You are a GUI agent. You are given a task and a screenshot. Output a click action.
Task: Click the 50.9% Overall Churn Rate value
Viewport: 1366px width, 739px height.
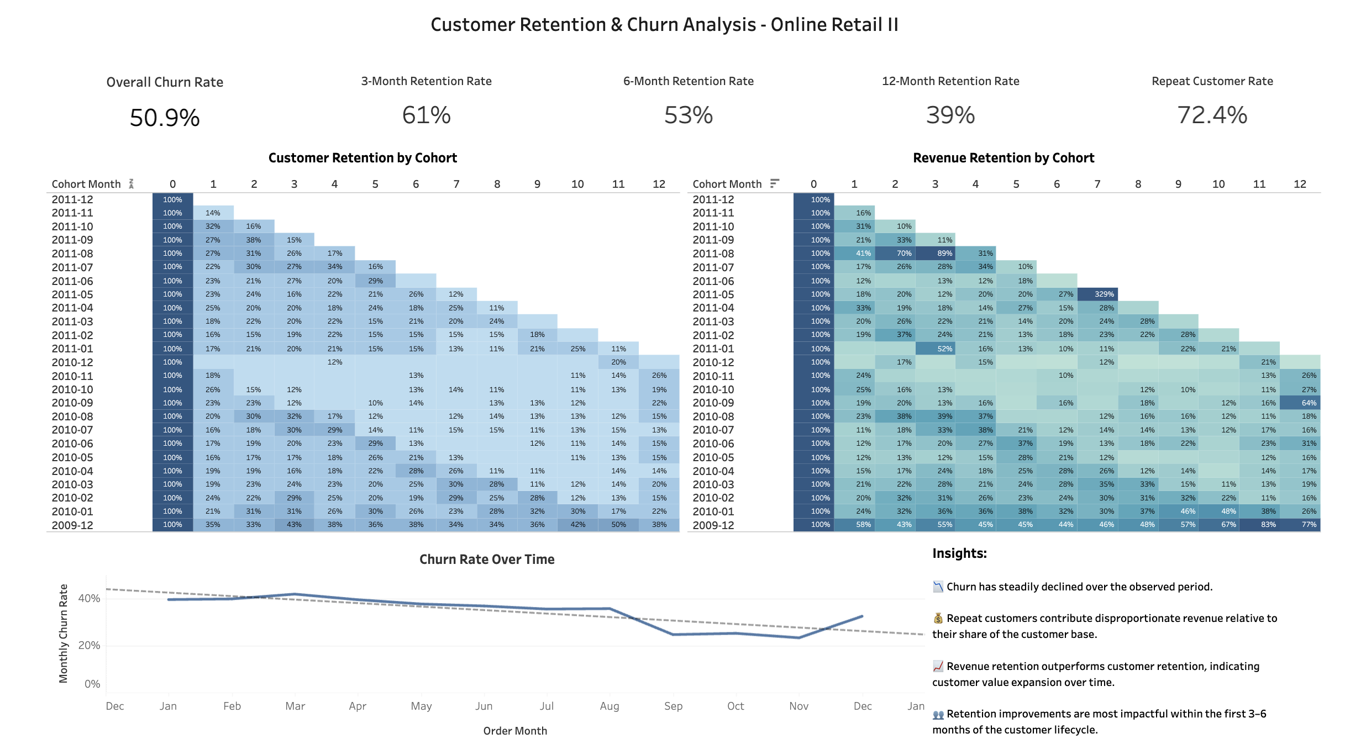coord(165,118)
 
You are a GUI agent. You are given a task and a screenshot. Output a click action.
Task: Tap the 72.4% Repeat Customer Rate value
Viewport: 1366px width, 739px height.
coord(1212,115)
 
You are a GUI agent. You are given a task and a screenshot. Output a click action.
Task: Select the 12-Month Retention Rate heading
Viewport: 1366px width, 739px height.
coord(950,81)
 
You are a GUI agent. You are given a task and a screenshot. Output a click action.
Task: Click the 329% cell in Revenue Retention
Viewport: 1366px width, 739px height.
coord(1104,294)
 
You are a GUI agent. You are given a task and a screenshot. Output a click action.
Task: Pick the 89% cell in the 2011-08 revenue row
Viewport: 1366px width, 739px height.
coord(944,254)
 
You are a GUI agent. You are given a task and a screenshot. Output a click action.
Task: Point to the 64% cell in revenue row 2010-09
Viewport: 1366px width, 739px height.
coord(1309,403)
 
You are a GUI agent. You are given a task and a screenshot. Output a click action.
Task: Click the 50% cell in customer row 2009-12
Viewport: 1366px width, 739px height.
coord(618,525)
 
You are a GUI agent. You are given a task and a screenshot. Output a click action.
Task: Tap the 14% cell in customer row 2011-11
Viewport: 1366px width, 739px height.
coord(213,213)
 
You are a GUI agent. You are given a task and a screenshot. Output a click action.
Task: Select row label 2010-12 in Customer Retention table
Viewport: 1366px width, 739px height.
coord(72,362)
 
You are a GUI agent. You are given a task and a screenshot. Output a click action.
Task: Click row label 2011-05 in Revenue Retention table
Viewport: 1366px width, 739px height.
coord(713,294)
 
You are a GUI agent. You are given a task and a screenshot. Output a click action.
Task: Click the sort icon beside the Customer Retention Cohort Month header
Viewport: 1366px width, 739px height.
coord(132,183)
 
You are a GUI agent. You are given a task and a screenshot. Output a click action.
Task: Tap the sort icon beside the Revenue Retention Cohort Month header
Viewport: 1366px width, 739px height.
coord(775,183)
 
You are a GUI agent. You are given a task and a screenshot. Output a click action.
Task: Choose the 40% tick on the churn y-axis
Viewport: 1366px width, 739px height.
coord(89,598)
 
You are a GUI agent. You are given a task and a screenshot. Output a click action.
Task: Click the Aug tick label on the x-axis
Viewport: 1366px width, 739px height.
coord(609,706)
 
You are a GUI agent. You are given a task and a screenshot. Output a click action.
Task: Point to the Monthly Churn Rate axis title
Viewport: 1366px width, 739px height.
coord(64,634)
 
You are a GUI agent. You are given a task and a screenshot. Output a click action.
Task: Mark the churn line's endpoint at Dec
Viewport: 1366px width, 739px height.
coord(862,616)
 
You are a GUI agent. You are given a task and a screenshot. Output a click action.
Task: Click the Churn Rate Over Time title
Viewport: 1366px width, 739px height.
coord(486,559)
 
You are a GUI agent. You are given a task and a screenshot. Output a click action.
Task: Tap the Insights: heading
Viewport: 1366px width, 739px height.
coord(959,553)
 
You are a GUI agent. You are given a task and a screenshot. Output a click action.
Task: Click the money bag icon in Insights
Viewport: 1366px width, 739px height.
coord(938,618)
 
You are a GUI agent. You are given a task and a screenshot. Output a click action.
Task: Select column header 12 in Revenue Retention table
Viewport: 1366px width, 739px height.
coord(1300,184)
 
